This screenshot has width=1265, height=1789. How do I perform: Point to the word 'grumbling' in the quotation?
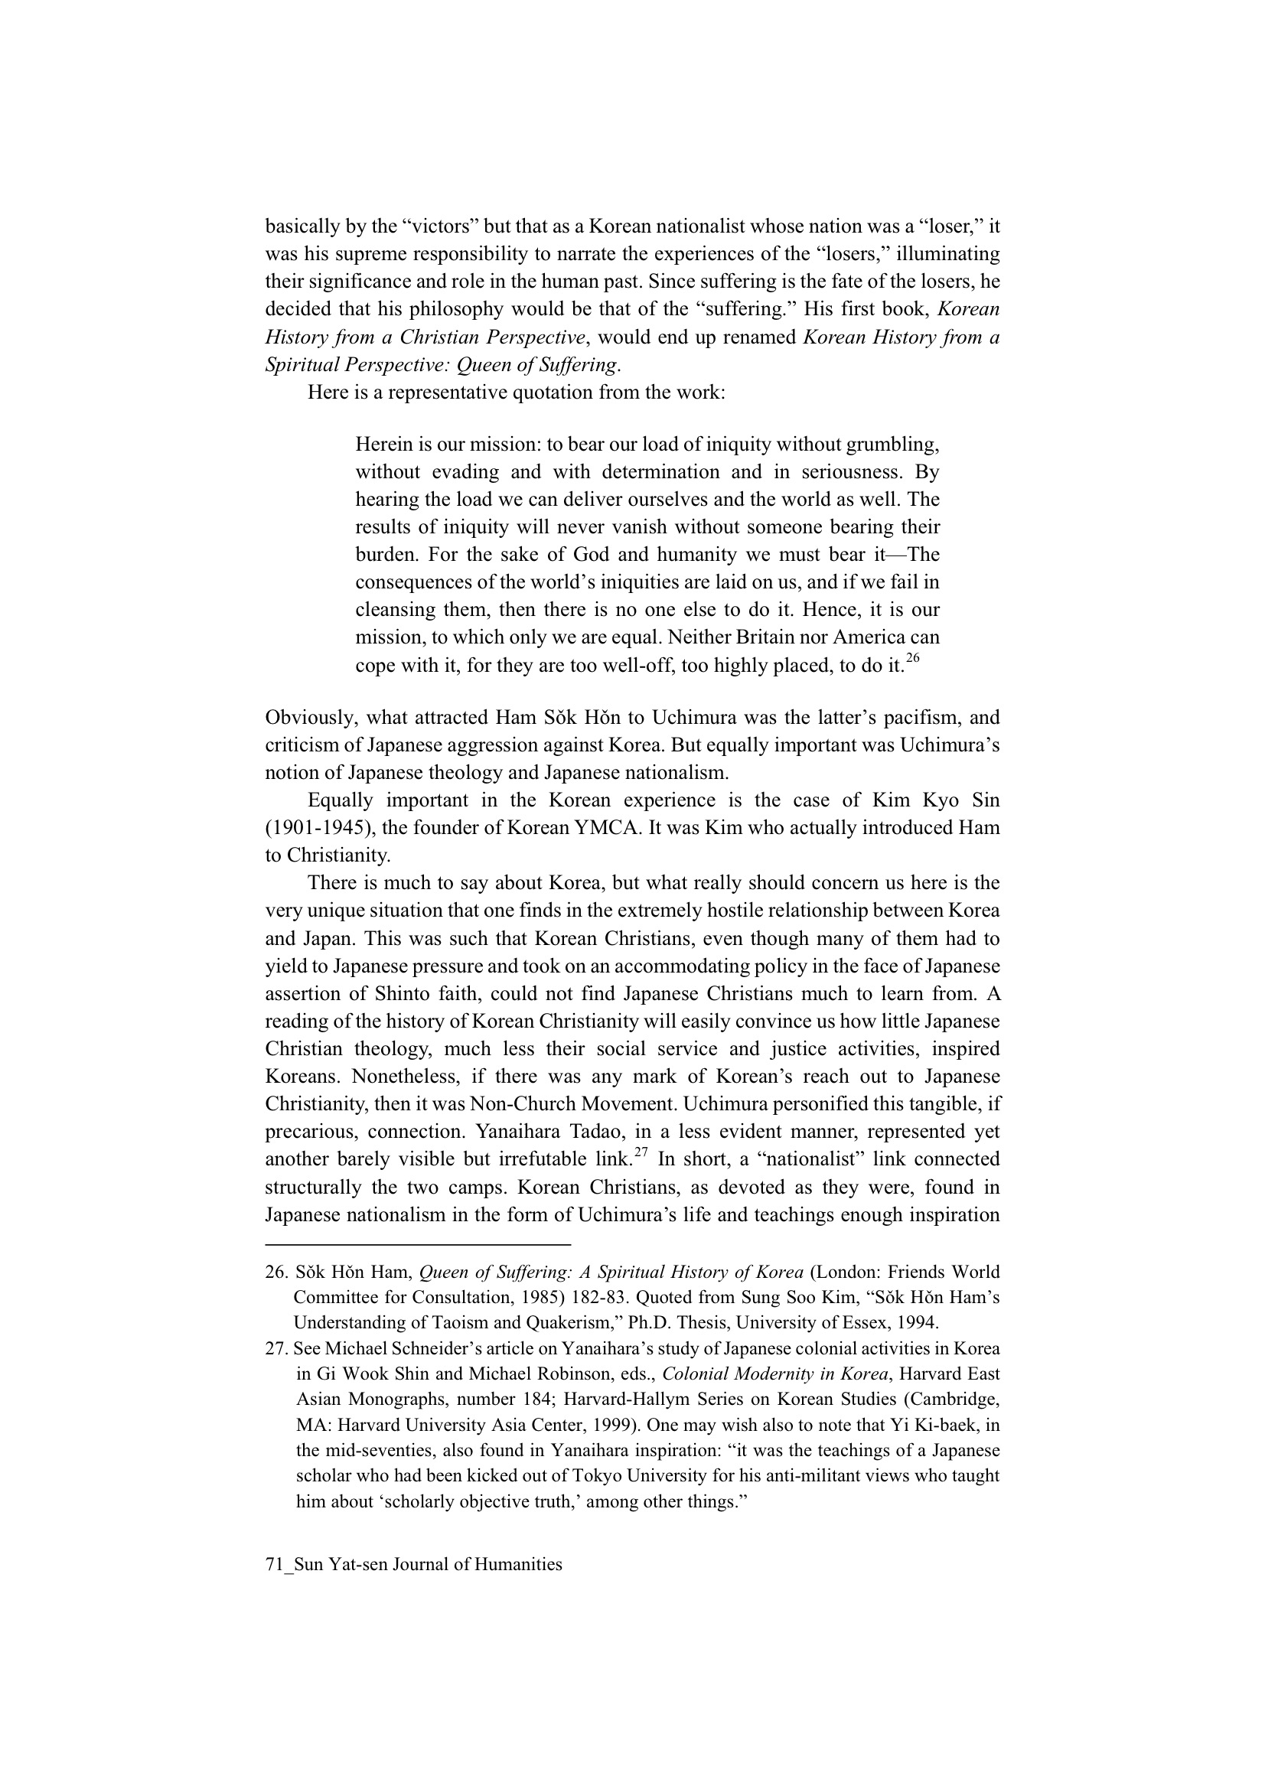890,444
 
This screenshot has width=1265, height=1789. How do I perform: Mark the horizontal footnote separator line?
418,1244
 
